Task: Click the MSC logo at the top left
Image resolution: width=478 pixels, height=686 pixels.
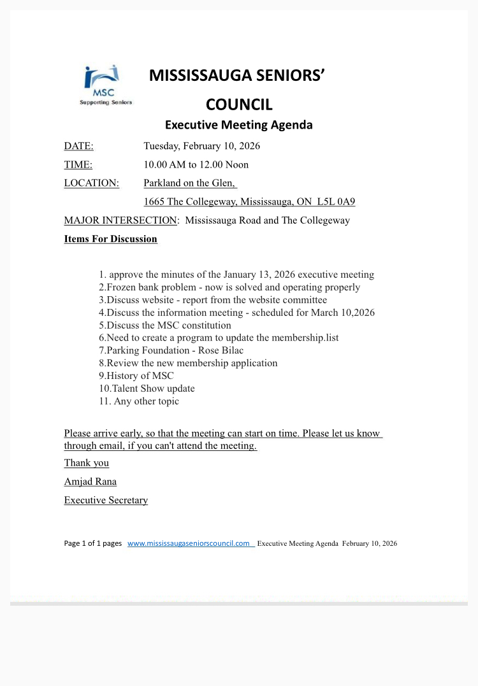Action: coord(105,85)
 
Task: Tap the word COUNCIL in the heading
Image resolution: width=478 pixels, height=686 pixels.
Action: coord(239,104)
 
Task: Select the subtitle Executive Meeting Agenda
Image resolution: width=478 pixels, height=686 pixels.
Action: coord(239,125)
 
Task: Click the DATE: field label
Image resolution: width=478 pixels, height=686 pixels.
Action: coord(78,146)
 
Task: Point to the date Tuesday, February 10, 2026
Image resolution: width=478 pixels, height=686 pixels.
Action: coord(201,146)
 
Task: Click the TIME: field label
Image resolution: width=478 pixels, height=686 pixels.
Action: coord(78,164)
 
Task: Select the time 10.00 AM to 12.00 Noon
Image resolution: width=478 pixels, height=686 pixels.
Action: coord(196,164)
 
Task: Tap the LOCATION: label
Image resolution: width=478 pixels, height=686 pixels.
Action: coord(91,183)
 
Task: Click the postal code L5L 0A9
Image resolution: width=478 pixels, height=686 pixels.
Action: coord(336,202)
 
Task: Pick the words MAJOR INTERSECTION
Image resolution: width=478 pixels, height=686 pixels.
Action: coord(120,220)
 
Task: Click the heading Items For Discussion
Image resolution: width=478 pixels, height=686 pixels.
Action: coord(110,239)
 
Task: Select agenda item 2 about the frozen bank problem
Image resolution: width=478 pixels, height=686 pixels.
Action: coord(229,287)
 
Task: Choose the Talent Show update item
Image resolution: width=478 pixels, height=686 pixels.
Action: coord(147,389)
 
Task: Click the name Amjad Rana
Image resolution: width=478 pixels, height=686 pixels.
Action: coord(90,482)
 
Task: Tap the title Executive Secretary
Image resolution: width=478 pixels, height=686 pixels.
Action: coord(106,500)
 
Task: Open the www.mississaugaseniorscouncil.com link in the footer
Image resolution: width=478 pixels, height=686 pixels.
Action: coord(189,543)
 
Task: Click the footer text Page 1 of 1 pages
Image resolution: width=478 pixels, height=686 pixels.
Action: coord(92,543)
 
